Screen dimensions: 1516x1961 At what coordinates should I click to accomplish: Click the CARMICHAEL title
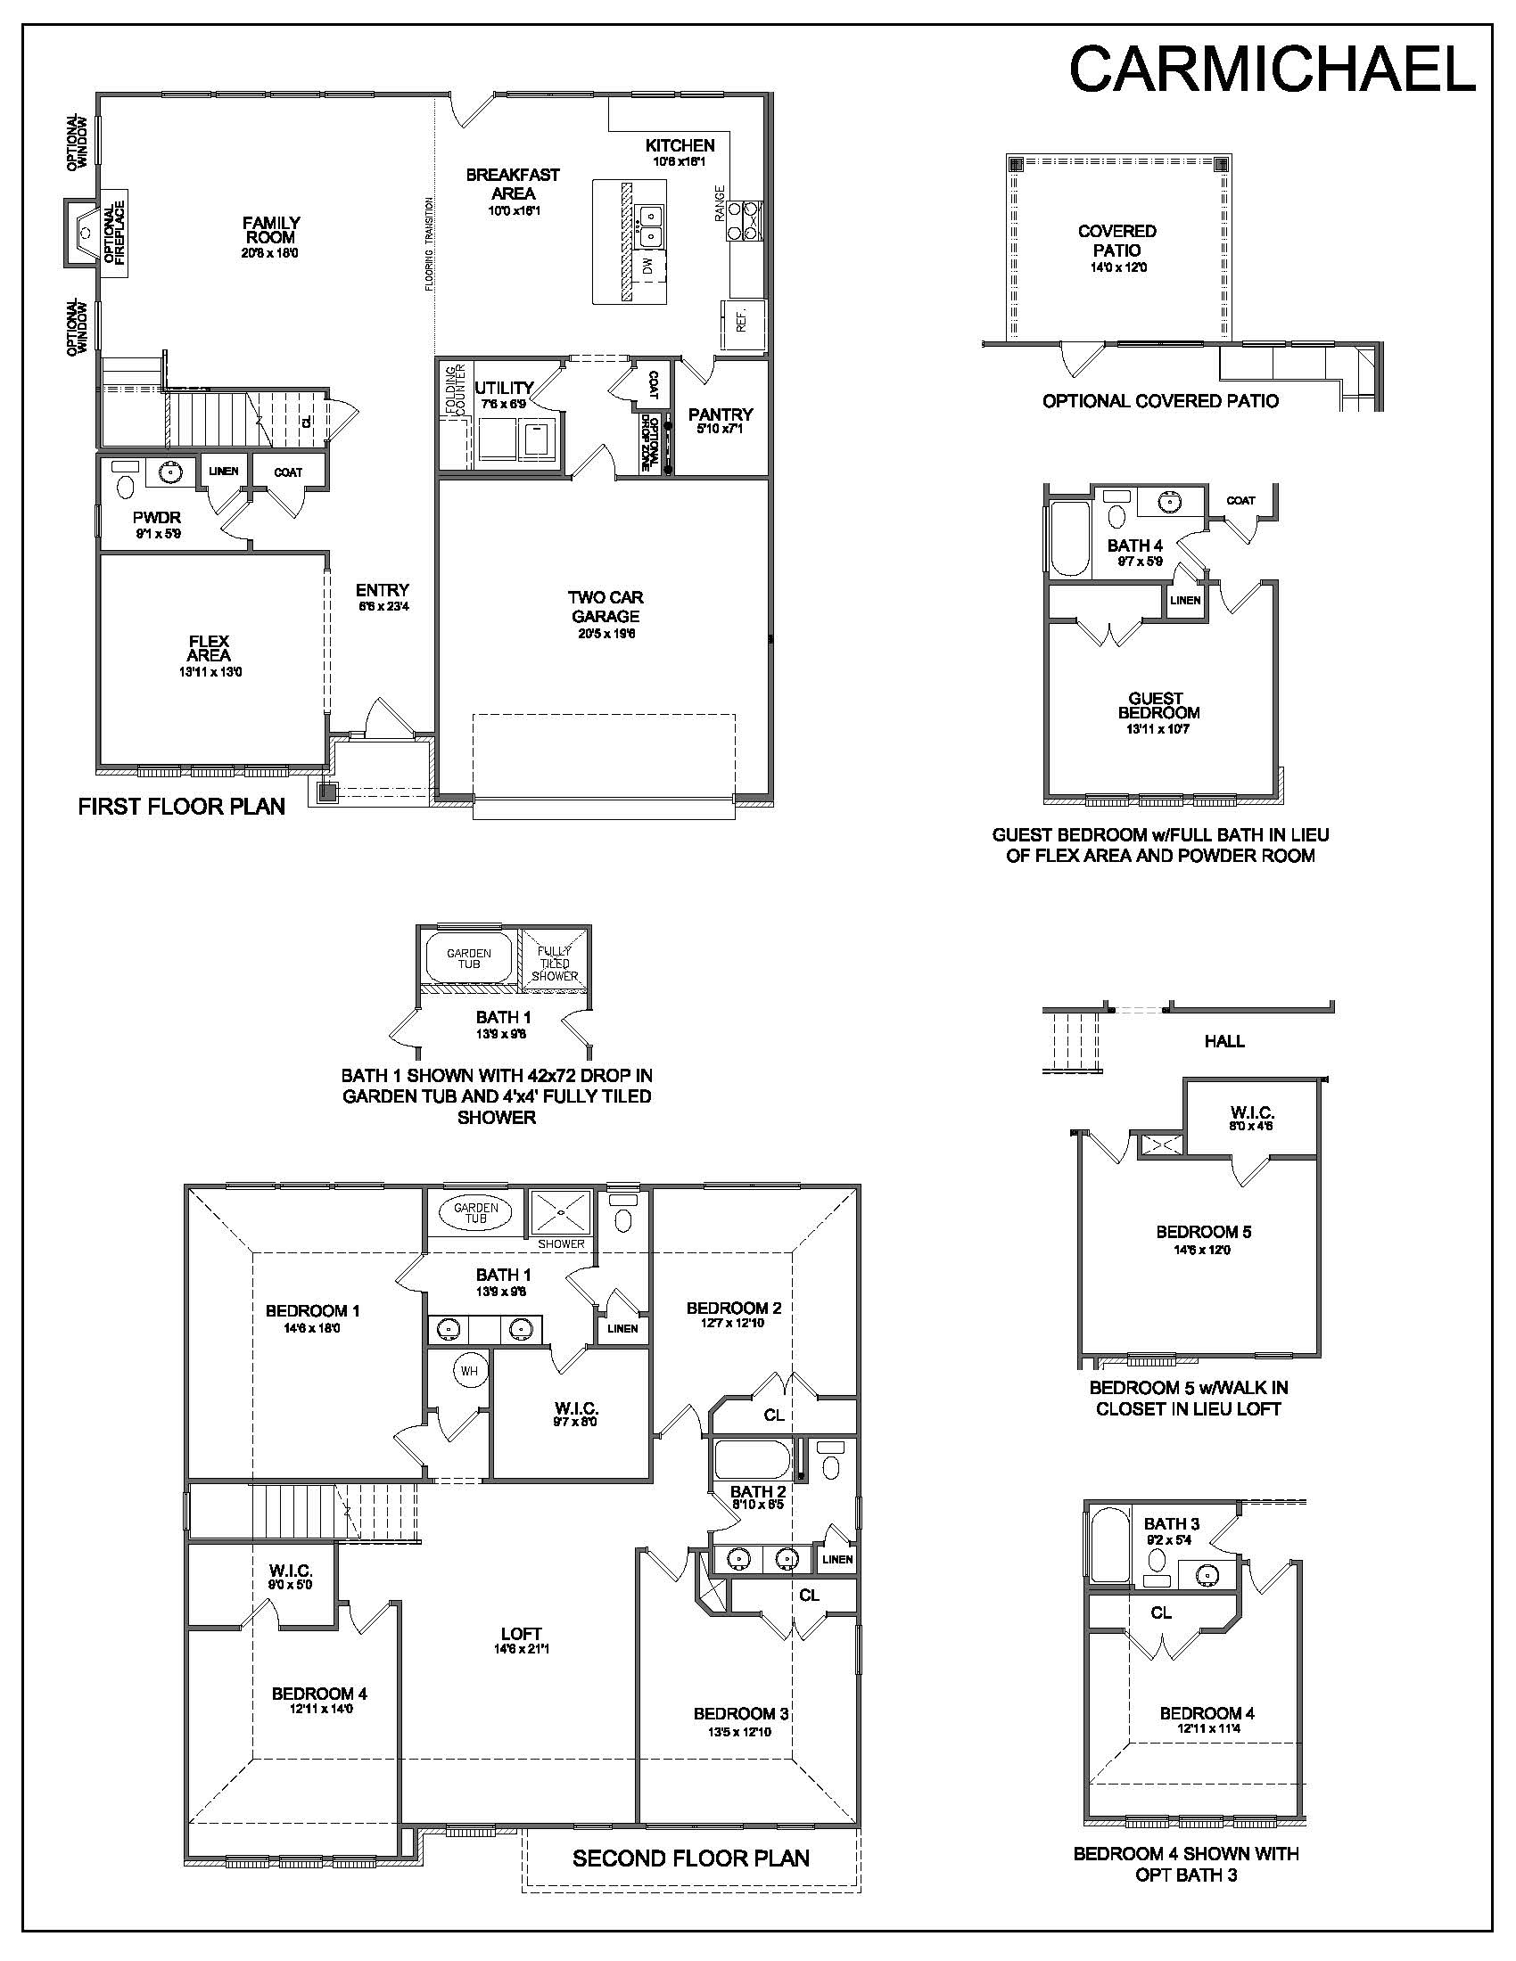pos(1272,70)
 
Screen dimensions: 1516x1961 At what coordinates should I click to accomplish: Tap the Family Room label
pos(270,230)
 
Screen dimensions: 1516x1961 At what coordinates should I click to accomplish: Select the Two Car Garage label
pos(606,607)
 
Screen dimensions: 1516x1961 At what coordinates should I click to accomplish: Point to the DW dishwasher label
pos(647,266)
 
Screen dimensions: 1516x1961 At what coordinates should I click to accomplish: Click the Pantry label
pos(721,414)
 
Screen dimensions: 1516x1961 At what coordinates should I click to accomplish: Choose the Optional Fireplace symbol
pos(82,233)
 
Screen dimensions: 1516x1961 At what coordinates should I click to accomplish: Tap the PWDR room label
pos(157,518)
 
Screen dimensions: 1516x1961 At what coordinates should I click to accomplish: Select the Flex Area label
pos(209,648)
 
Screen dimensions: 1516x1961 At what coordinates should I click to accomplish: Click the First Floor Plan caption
pos(181,807)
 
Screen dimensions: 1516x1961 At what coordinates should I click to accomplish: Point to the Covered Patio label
pos(1117,241)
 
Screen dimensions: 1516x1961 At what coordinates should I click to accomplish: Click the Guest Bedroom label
pos(1158,706)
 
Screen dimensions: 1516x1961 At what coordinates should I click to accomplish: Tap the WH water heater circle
pos(469,1371)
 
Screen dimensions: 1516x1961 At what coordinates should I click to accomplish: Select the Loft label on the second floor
pos(521,1634)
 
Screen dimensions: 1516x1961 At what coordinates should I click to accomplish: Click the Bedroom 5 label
pos(1204,1232)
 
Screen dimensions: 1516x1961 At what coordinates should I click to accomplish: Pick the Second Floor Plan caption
pos(691,1858)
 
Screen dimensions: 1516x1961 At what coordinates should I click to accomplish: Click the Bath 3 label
pos(1172,1523)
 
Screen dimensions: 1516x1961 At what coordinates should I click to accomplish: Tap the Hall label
pos(1224,1041)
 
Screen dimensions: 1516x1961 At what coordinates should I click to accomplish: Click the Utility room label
pos(504,388)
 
